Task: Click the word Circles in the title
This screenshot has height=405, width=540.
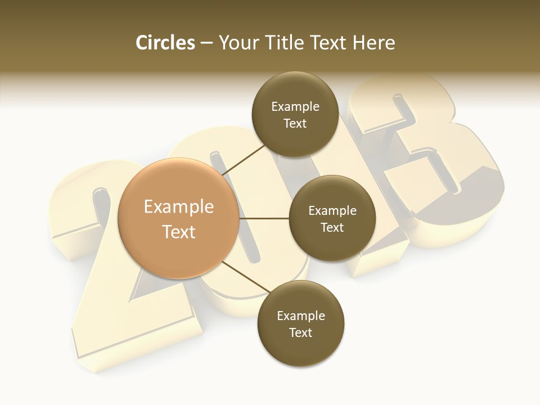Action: [x=165, y=43]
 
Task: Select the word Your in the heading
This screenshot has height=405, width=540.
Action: [x=238, y=43]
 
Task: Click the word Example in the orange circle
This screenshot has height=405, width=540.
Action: [x=179, y=207]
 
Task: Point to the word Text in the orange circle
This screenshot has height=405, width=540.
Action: [x=179, y=231]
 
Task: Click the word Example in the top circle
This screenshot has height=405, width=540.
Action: [x=295, y=106]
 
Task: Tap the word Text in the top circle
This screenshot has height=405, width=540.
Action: [x=295, y=123]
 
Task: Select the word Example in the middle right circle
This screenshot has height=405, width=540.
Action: [x=332, y=210]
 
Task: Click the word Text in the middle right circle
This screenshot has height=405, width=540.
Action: [x=332, y=227]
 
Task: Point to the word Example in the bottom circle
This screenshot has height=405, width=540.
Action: [x=300, y=316]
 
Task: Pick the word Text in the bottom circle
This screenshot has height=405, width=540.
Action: [x=300, y=332]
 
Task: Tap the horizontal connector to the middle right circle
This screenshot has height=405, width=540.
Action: [x=264, y=218]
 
